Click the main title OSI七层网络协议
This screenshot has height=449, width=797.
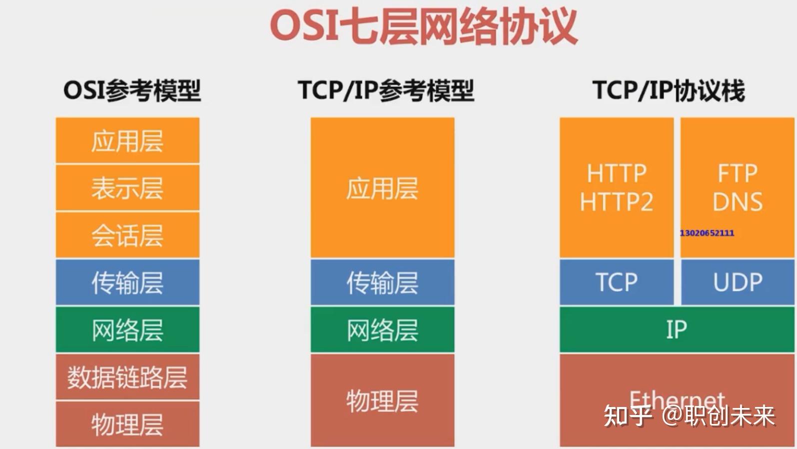(424, 27)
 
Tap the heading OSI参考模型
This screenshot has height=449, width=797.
(132, 91)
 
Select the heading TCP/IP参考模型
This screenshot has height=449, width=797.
(386, 91)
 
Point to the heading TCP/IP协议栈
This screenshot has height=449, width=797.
(669, 91)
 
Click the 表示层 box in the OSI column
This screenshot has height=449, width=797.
(127, 188)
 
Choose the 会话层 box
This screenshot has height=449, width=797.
(127, 235)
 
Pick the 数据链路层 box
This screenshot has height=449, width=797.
(127, 377)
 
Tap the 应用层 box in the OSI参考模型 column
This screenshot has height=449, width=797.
(127, 141)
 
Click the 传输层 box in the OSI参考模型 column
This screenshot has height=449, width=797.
(127, 282)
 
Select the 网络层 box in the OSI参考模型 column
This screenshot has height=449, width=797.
(127, 330)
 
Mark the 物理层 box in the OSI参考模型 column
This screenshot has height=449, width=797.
(127, 424)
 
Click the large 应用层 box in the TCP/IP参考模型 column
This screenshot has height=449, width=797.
(382, 188)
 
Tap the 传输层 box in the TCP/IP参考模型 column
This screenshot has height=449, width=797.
(382, 282)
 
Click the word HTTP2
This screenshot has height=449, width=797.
(617, 202)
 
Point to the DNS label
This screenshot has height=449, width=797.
(738, 202)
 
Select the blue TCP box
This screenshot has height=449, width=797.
(617, 282)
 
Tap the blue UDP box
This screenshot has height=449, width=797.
(738, 282)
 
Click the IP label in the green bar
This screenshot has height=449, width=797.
(677, 330)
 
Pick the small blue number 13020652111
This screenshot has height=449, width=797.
(707, 233)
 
